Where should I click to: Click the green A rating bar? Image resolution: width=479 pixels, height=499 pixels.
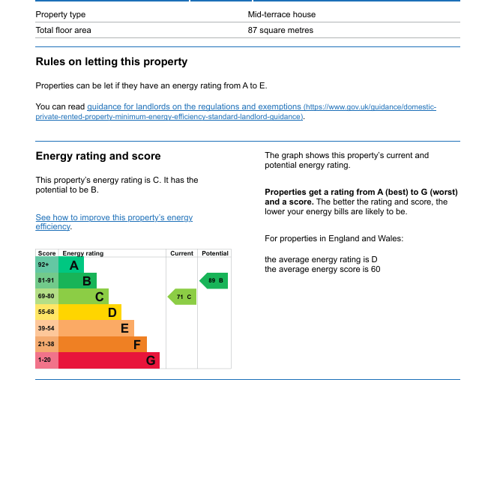click(71, 265)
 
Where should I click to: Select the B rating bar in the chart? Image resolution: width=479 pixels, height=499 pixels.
click(77, 281)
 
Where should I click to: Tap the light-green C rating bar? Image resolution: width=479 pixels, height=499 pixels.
click(83, 297)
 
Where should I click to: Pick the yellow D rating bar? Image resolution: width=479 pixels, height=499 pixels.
click(90, 312)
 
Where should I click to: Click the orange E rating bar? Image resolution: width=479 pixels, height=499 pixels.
click(96, 328)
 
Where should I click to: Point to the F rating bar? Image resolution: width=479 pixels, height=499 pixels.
click(103, 345)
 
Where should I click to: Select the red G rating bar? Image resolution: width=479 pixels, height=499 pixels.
click(109, 360)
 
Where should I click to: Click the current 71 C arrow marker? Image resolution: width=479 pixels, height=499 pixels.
click(182, 297)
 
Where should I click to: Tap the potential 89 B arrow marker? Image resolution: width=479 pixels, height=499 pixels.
click(214, 281)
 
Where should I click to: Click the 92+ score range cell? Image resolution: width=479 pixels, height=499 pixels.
click(46, 265)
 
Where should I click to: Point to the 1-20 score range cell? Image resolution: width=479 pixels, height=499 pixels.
click(46, 360)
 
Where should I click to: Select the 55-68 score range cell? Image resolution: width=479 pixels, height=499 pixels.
click(46, 312)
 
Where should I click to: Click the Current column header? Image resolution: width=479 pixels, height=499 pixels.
click(181, 254)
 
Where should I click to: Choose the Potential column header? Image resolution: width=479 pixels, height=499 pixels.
click(214, 254)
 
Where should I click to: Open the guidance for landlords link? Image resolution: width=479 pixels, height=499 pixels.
click(194, 107)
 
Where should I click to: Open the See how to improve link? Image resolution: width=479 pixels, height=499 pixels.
click(114, 218)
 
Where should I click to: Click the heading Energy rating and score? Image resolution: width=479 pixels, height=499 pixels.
click(98, 157)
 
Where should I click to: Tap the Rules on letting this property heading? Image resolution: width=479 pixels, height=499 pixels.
click(112, 62)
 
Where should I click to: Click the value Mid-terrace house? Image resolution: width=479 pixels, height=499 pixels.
click(282, 14)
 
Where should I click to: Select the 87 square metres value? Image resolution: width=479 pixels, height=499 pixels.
click(280, 31)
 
